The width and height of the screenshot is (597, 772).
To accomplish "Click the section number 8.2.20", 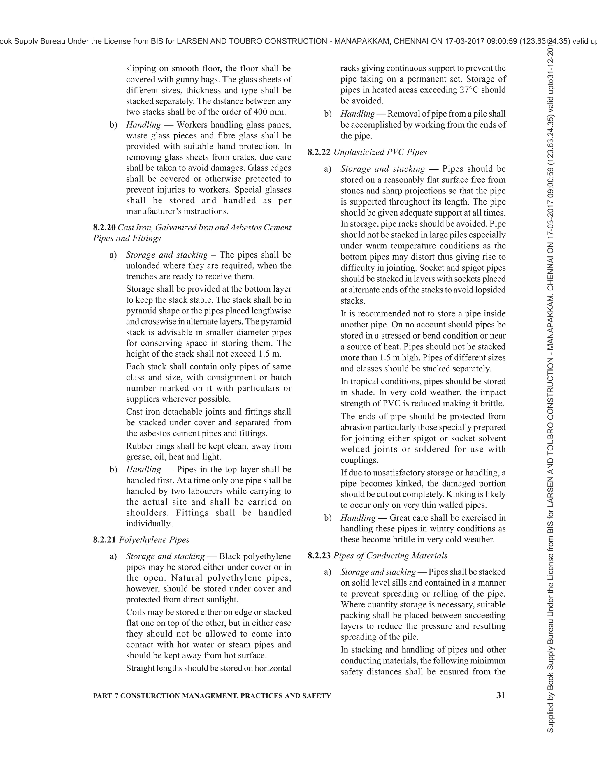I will click(104, 228).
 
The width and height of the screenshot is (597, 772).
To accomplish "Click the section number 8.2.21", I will click(104, 540).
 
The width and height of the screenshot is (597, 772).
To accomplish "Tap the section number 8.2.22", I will click(319, 152).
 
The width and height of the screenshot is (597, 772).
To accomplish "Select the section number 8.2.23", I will click(319, 556).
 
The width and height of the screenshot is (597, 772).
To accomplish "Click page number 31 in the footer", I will click(501, 695).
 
